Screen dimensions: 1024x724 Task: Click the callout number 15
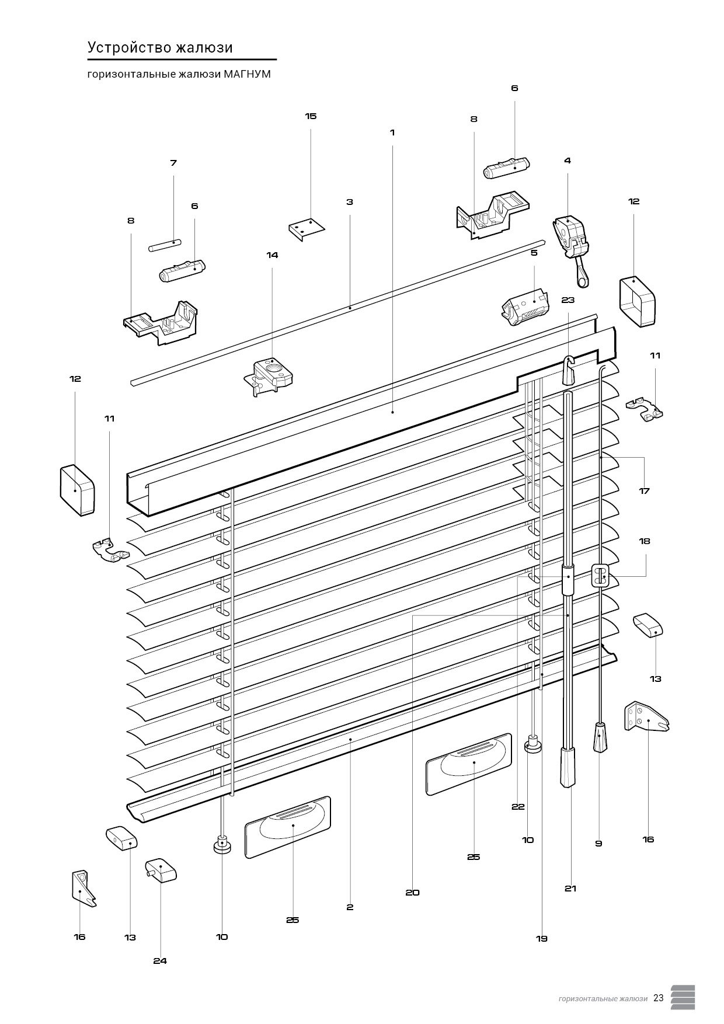coord(311,116)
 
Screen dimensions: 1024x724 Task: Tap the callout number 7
coord(173,163)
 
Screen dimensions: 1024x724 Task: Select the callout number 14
coord(272,255)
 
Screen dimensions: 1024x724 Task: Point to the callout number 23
coord(568,300)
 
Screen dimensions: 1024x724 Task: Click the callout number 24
coord(160,961)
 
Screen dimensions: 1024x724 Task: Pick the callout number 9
coord(598,844)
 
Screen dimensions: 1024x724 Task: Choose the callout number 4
coord(568,161)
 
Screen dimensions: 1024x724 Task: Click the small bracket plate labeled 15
coord(307,228)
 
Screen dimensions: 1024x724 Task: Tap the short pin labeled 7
coord(166,245)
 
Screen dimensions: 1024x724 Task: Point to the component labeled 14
coord(269,374)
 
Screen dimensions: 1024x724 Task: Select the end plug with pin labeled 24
coord(161,870)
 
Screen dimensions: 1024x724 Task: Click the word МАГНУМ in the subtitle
coord(247,75)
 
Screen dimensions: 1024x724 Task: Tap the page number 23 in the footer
coord(659,998)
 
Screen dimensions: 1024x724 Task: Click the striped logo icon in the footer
coord(683,997)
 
